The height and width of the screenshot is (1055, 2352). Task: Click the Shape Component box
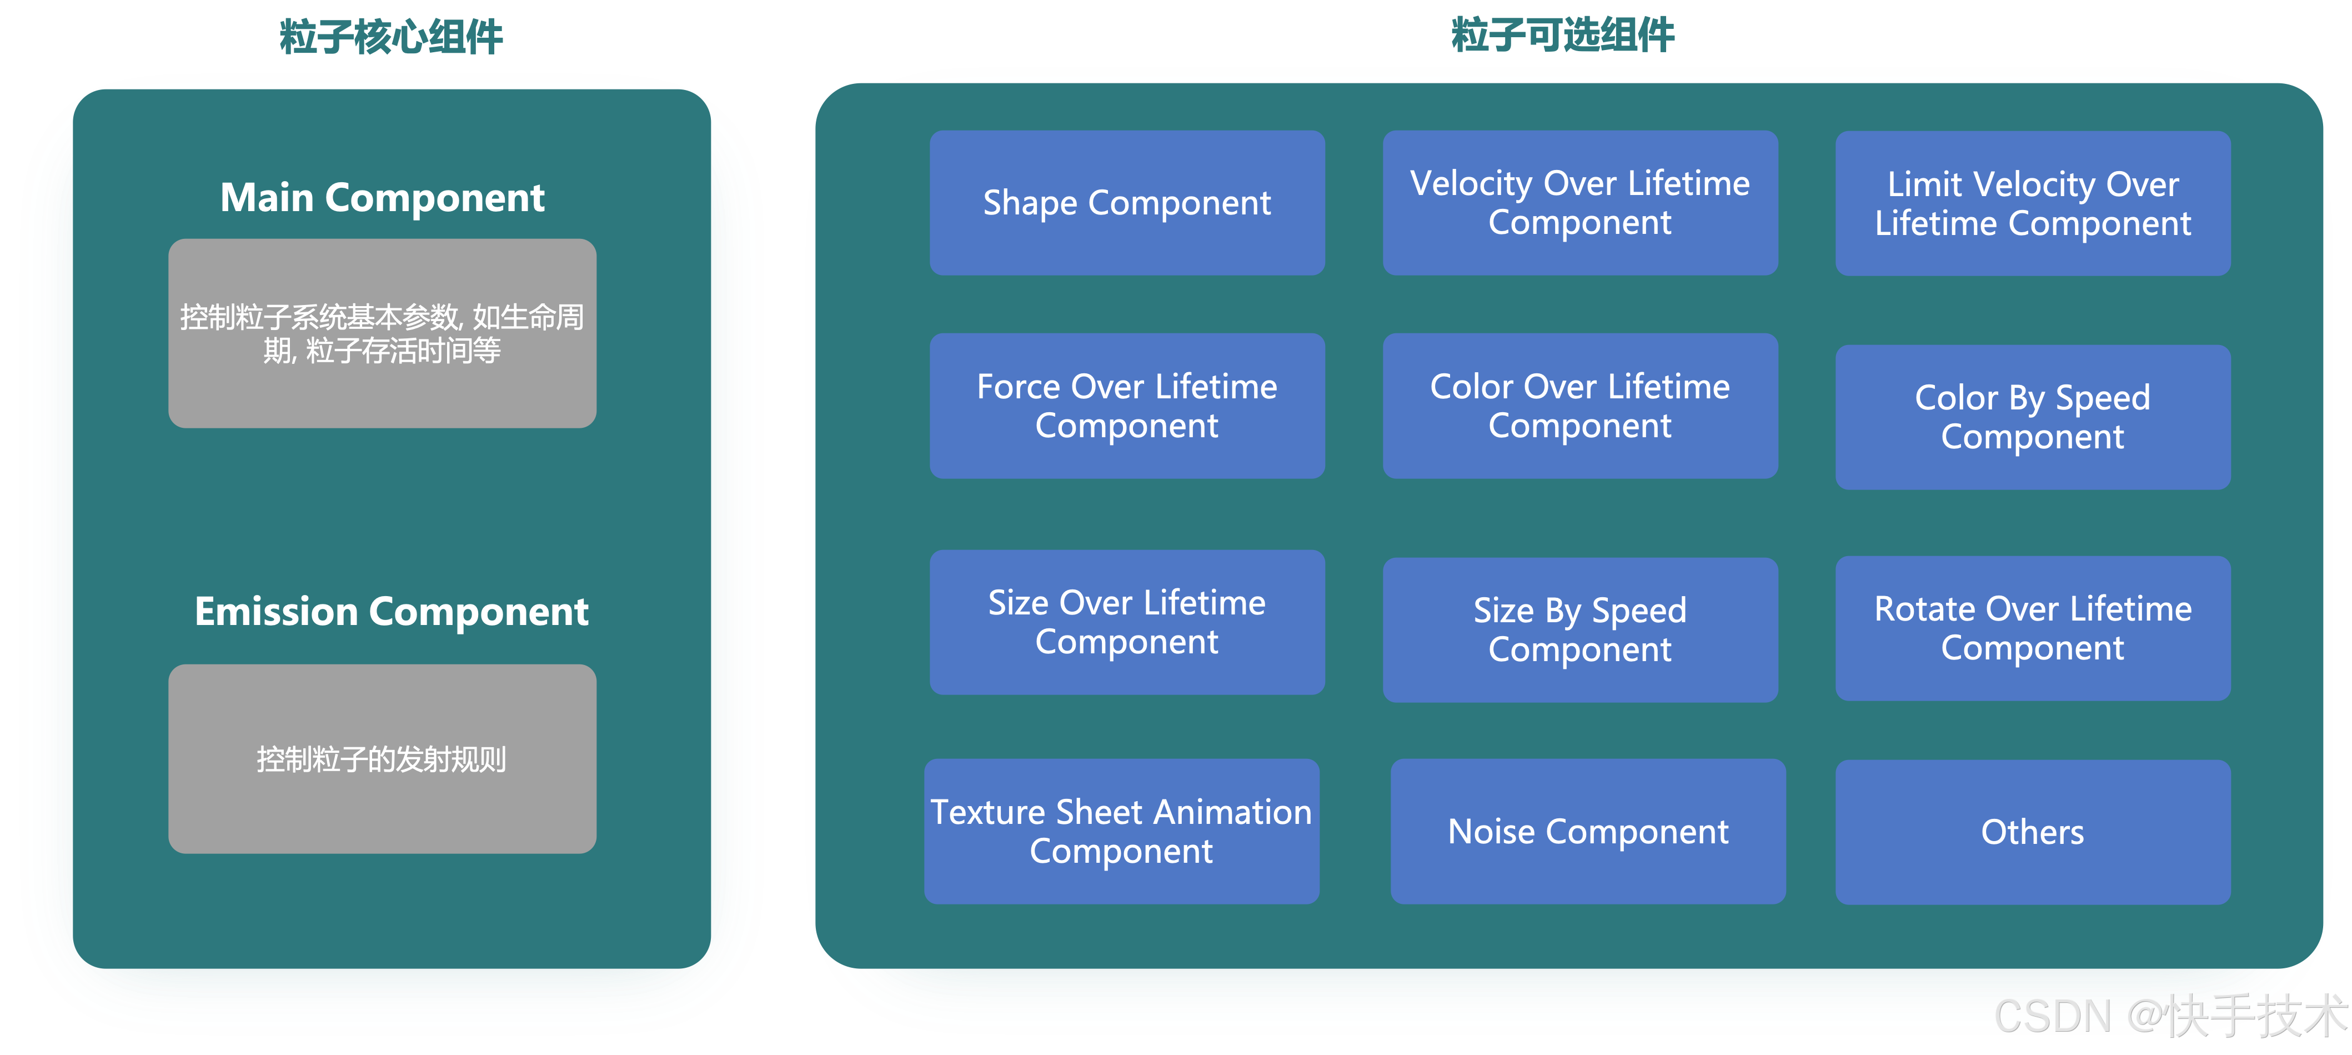click(x=1127, y=203)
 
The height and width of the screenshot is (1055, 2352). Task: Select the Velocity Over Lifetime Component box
click(x=1579, y=203)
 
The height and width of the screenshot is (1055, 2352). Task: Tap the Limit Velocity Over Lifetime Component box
click(x=2033, y=203)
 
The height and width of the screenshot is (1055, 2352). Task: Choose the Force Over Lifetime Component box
click(x=1127, y=406)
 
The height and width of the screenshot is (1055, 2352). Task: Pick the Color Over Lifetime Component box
click(x=1579, y=406)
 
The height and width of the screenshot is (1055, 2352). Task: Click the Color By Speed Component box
click(x=2033, y=417)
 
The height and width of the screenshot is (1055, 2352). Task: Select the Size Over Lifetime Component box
click(x=1127, y=622)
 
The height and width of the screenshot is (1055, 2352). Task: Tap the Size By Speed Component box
click(x=1579, y=629)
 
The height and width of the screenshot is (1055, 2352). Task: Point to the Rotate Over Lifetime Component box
click(x=2033, y=628)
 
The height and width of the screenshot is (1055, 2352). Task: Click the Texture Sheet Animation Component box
click(x=1121, y=831)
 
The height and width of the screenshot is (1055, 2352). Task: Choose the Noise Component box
click(x=1588, y=831)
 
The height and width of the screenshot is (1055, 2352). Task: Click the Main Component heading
click(x=383, y=197)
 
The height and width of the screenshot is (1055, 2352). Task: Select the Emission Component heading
click(x=391, y=611)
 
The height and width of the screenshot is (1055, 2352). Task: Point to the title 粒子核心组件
click(x=391, y=37)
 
